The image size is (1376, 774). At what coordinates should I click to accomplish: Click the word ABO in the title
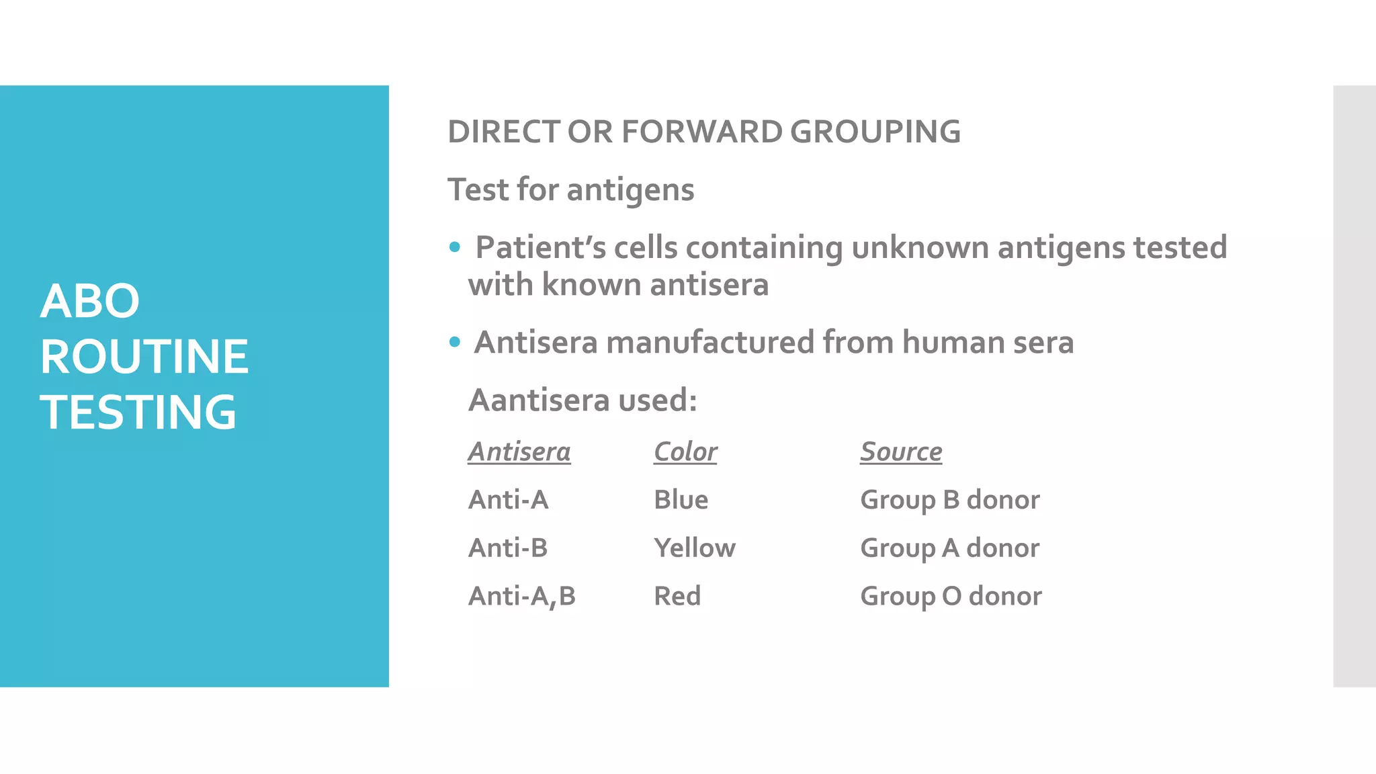point(89,301)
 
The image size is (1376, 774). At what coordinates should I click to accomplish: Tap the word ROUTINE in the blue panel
point(144,356)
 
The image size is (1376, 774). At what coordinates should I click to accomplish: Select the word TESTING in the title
point(138,412)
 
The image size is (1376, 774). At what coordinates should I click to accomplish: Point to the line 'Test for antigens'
point(570,189)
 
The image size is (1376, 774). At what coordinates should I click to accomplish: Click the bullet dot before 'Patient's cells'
point(455,247)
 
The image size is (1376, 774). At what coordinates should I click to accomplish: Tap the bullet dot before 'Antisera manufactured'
point(455,342)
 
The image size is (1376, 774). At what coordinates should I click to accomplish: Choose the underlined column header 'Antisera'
point(519,451)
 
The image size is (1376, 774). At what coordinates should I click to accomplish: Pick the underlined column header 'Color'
point(685,451)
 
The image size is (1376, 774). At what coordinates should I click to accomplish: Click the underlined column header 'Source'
point(900,451)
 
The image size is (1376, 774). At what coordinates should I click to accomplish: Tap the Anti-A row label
point(508,500)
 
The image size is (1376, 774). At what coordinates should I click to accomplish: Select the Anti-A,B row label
point(521,597)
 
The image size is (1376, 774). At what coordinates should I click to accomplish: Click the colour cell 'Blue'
point(681,500)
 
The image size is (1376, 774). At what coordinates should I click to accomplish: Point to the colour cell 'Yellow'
point(694,548)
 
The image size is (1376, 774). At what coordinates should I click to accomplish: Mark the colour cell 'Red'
point(677,597)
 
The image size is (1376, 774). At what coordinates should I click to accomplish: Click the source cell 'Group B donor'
point(949,500)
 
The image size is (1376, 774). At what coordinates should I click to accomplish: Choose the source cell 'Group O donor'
point(951,597)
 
